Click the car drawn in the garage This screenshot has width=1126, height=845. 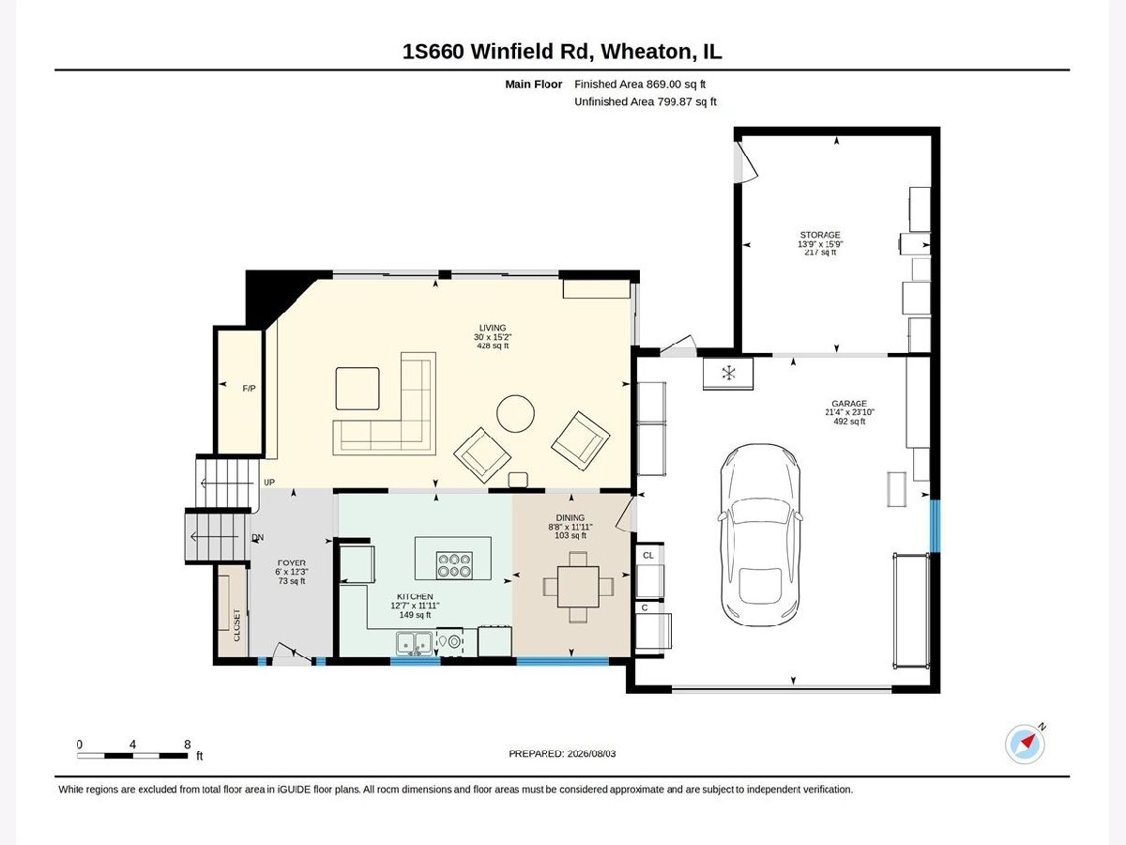pos(761,535)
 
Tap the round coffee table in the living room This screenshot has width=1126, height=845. pos(515,413)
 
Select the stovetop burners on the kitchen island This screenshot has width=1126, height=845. pos(454,565)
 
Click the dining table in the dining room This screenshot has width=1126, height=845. pos(578,587)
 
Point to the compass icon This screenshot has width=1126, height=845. pos(1025,744)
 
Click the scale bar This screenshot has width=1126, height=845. pos(132,755)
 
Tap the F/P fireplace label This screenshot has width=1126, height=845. pos(249,389)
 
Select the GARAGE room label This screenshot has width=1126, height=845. pos(849,404)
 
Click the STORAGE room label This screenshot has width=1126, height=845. pos(820,235)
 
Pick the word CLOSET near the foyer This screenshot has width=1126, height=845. pos(236,625)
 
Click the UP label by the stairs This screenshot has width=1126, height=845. pos(269,483)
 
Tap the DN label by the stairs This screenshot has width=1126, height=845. pos(257,537)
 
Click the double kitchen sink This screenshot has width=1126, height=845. pos(414,643)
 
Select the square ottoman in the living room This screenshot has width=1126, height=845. pos(358,389)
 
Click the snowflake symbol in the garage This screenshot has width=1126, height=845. pos(728,373)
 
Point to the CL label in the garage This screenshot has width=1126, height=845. pos(647,555)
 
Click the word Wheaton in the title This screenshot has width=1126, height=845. pos(647,52)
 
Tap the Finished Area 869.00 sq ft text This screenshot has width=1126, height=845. pos(640,84)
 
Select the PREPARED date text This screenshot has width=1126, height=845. pos(562,754)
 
